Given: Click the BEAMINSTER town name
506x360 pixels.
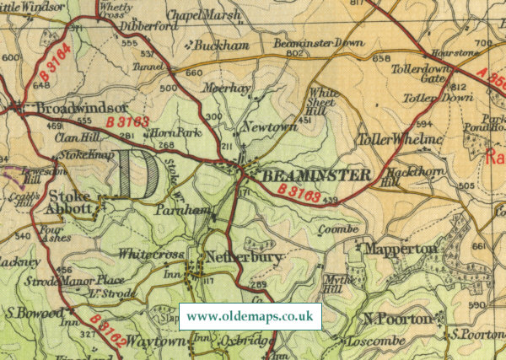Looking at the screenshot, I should click(316, 175).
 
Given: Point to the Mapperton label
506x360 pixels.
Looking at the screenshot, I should click(400, 249).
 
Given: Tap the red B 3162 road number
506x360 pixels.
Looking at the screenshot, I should click(106, 331).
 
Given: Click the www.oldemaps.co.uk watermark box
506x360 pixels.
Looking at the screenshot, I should click(250, 316).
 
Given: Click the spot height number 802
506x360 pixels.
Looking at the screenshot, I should click(293, 53).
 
